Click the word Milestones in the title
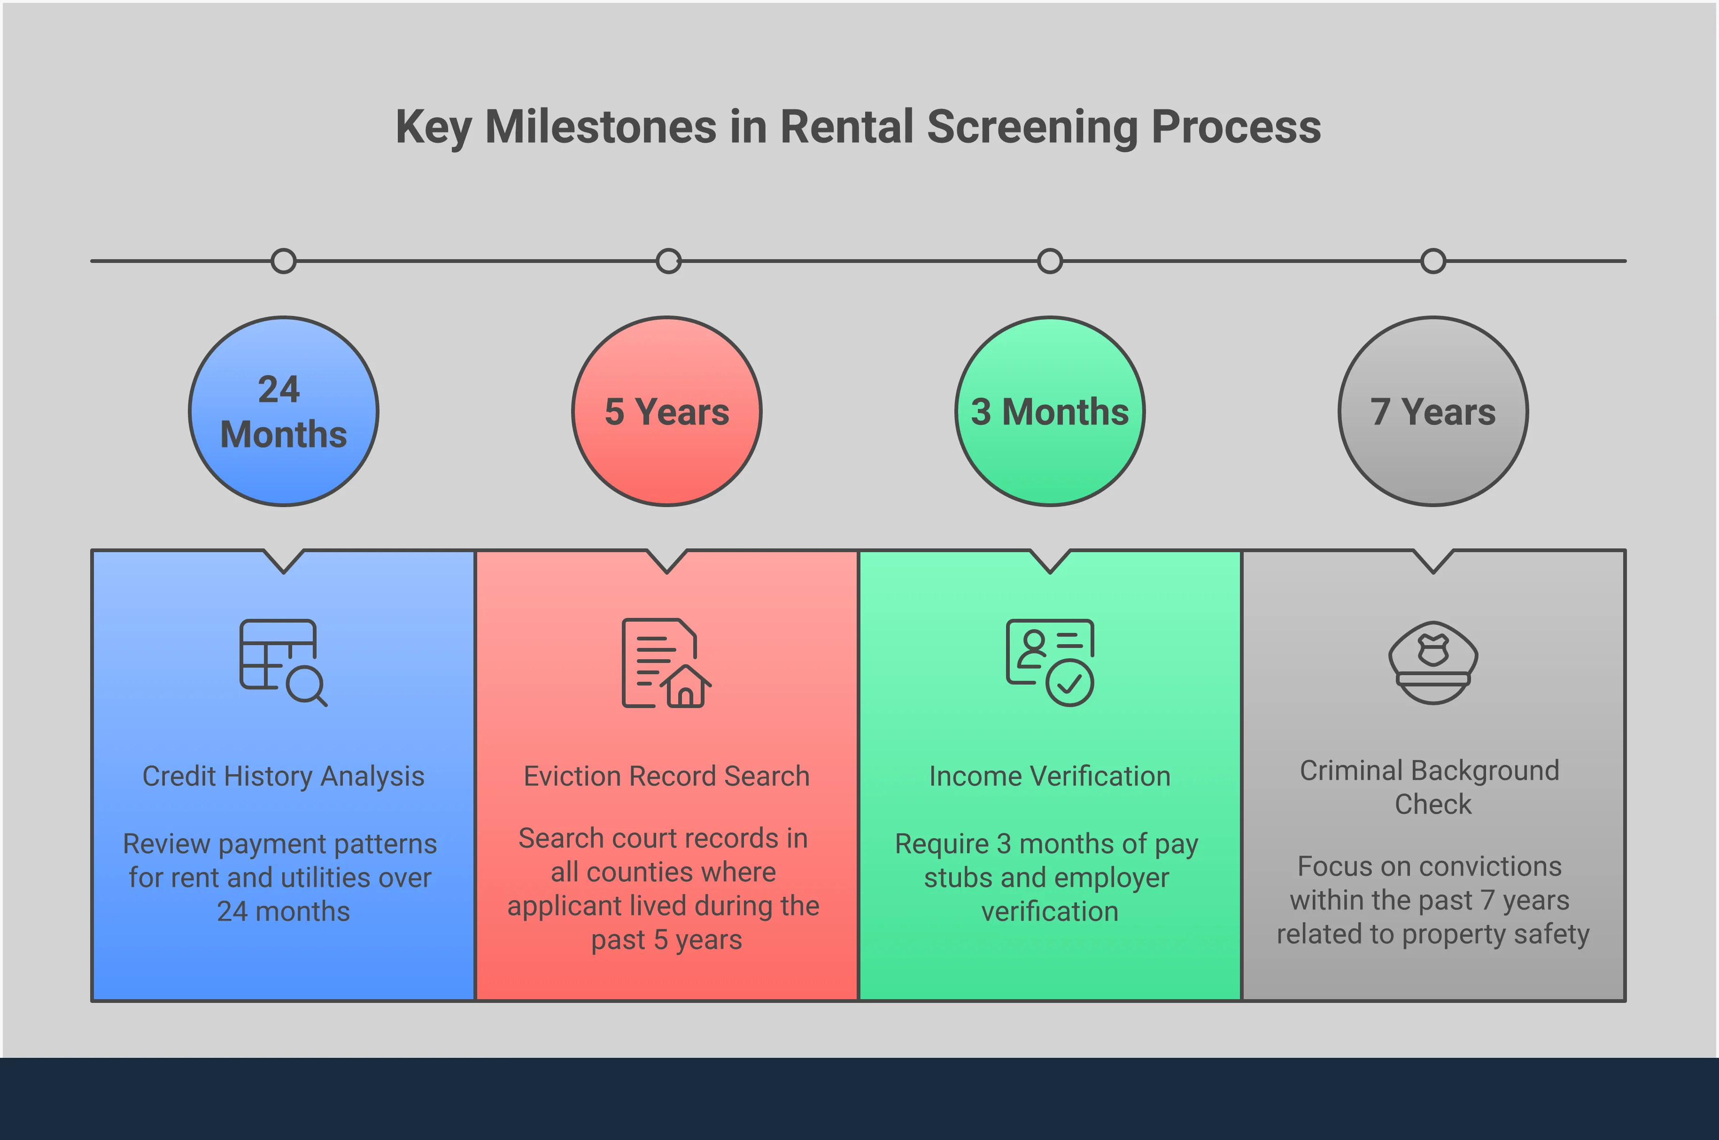[601, 127]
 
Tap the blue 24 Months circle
[284, 411]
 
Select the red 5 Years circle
[667, 411]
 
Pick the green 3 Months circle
[1050, 411]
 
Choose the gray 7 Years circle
[1433, 411]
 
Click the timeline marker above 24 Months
[284, 261]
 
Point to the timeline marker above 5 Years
[668, 261]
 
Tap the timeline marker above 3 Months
[1050, 261]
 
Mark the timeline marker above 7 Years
[1433, 261]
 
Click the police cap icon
[1433, 662]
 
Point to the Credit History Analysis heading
[284, 777]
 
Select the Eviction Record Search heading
[667, 777]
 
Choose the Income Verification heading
[1050, 777]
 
